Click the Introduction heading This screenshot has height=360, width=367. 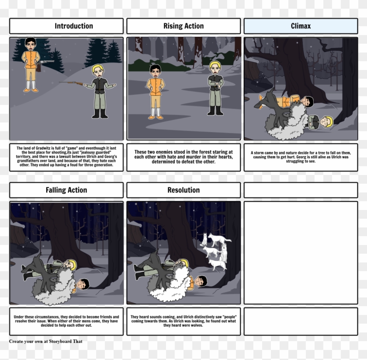pyautogui.click(x=73, y=26)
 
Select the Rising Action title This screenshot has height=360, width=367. pyautogui.click(x=183, y=26)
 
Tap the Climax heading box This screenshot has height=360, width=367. pyautogui.click(x=301, y=26)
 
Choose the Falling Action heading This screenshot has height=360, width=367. pyautogui.click(x=66, y=190)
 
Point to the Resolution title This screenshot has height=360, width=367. pyautogui.click(x=183, y=190)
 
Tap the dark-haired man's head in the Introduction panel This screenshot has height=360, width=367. pyautogui.click(x=30, y=43)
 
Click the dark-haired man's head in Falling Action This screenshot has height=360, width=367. pyautogui.click(x=83, y=285)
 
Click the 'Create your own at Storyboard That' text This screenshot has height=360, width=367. pyautogui.click(x=45, y=341)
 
